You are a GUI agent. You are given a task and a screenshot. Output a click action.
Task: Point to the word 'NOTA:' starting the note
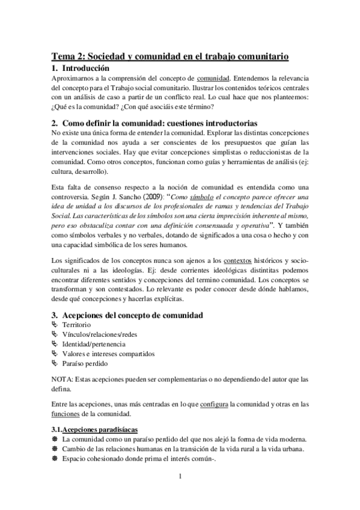click(63, 379)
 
